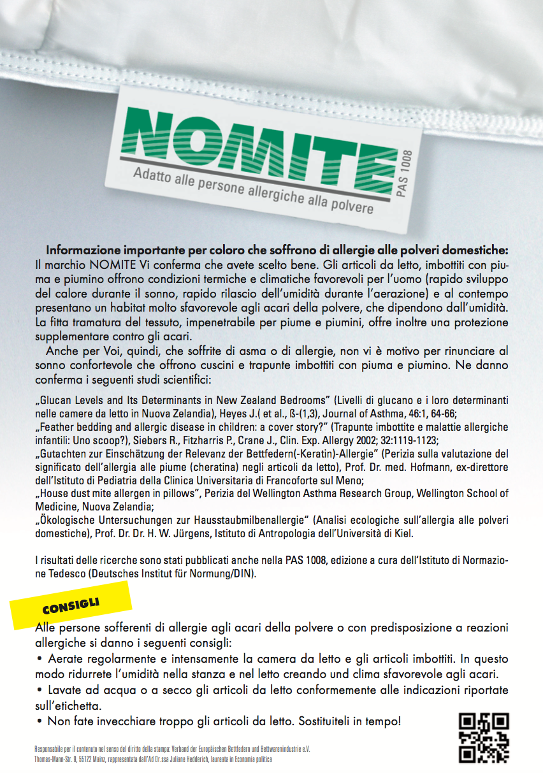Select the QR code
point(484,737)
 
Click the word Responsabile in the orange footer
point(52,749)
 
